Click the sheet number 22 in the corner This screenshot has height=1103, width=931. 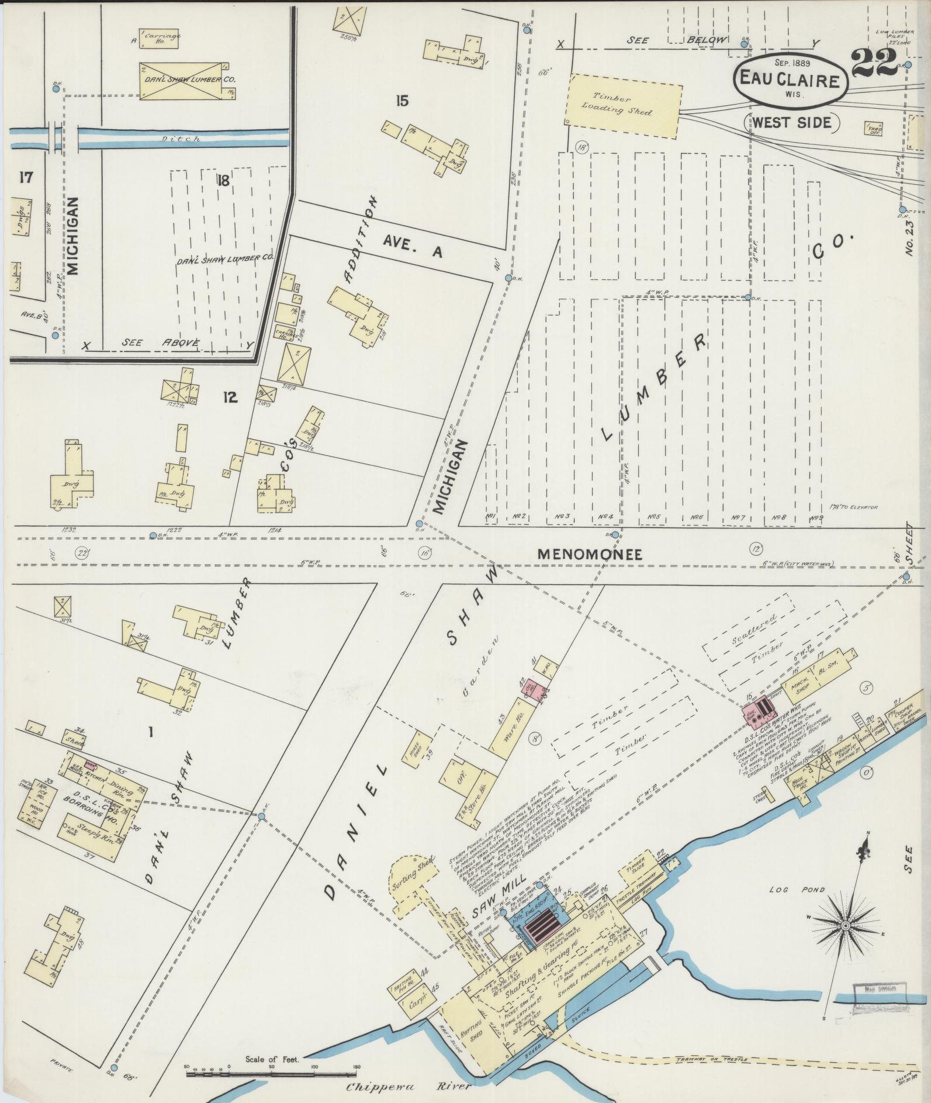point(874,65)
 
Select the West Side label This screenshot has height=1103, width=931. point(792,122)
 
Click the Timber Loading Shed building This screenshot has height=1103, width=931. point(623,105)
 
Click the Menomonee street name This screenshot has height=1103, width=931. point(590,554)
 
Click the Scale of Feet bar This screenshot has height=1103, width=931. point(271,1066)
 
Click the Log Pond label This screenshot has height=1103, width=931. point(790,890)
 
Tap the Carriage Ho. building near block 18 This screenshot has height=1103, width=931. point(160,38)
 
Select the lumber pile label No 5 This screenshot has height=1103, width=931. point(653,517)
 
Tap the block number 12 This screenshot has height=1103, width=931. point(230,398)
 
